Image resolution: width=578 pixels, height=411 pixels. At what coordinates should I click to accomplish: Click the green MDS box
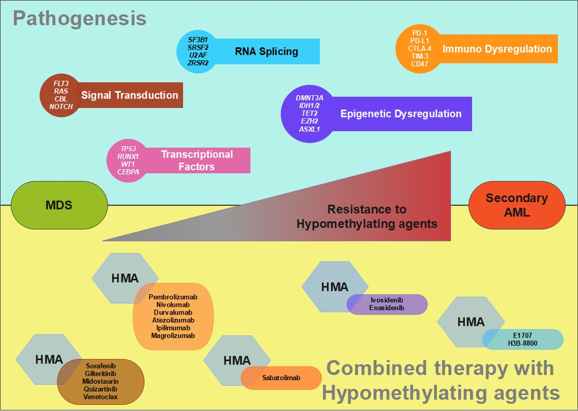[59, 205]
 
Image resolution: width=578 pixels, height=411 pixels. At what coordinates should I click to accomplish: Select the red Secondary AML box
[517, 205]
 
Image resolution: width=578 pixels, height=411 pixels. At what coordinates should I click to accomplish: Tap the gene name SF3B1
[198, 39]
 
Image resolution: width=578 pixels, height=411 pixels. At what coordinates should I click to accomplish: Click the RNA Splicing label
[266, 51]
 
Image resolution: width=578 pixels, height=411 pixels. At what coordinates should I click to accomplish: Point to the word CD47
[420, 64]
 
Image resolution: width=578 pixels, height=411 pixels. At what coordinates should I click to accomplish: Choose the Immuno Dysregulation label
[497, 49]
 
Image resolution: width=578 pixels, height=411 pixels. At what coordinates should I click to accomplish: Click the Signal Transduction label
[130, 95]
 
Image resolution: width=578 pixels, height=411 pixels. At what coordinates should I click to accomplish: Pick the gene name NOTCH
[61, 107]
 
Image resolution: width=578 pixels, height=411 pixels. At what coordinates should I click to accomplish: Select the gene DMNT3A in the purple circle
[309, 97]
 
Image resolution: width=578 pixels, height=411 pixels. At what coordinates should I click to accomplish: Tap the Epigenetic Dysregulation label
[401, 114]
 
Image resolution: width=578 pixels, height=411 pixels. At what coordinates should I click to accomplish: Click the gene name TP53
[128, 149]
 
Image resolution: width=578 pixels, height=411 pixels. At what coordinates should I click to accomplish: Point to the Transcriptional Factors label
[197, 160]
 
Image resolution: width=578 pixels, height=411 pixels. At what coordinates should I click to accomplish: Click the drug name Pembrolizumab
[173, 297]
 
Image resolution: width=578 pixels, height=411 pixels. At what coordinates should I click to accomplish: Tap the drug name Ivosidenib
[387, 300]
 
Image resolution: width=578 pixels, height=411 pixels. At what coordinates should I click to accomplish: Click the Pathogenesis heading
[79, 19]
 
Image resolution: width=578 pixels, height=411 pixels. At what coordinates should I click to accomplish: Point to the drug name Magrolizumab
[173, 336]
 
